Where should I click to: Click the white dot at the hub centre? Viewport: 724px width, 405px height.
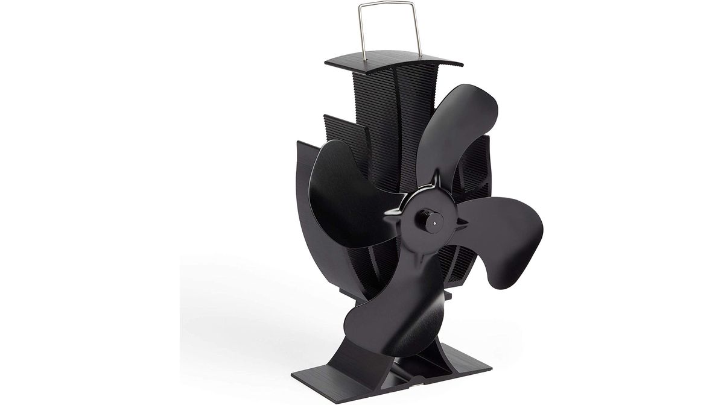(433, 222)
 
